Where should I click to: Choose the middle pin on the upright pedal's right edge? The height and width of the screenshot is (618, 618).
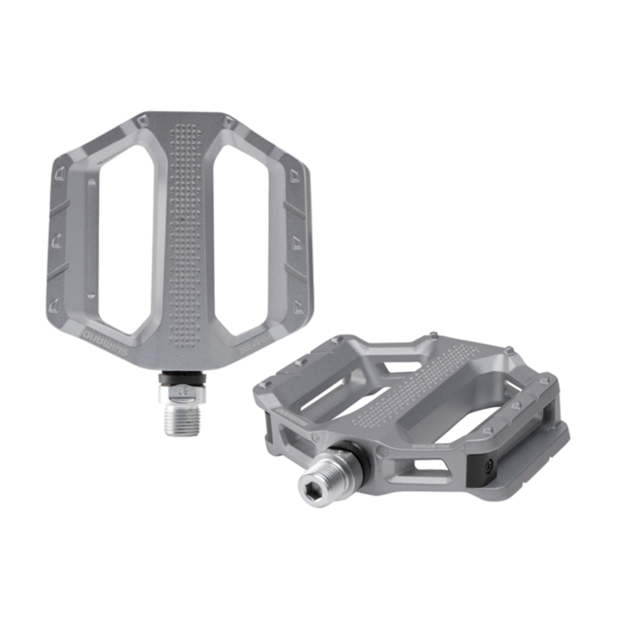coord(295,240)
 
